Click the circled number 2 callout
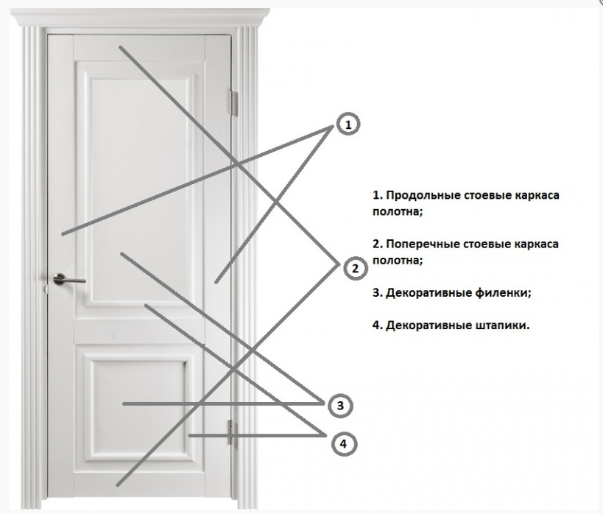[x=354, y=268]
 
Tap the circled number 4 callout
[x=343, y=443]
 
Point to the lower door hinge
[x=232, y=431]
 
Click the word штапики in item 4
[x=503, y=324]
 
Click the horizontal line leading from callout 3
[x=221, y=404]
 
